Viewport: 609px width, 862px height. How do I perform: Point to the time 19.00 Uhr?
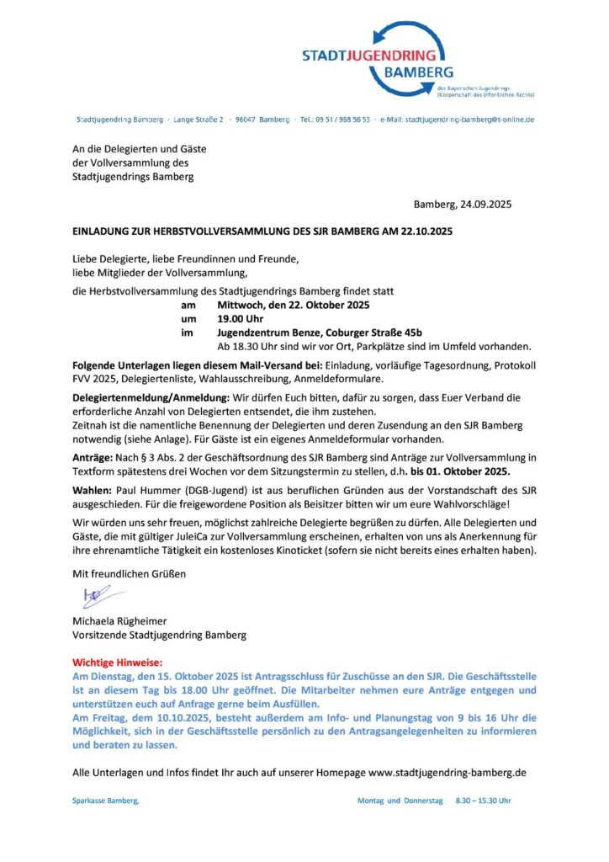click(241, 319)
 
